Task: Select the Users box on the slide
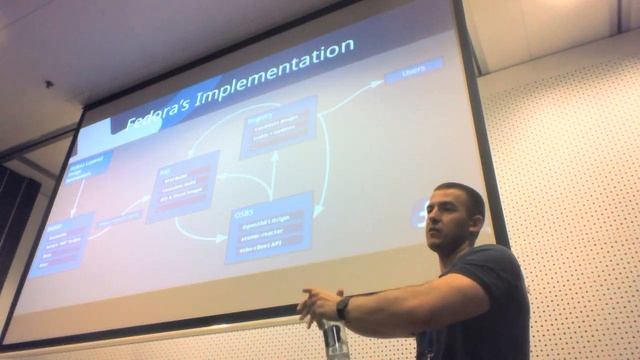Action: [413, 71]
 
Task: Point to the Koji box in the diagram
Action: [182, 186]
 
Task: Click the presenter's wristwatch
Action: [343, 307]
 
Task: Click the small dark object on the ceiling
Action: [48, 85]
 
